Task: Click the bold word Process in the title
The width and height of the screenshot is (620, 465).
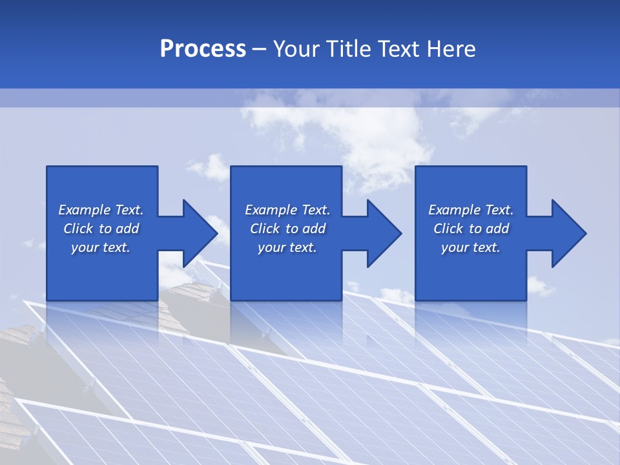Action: tap(203, 49)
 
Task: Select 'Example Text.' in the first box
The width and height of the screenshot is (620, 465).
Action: tap(101, 210)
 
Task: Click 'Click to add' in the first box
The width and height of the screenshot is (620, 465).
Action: tap(101, 229)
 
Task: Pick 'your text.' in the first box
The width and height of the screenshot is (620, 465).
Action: tap(101, 247)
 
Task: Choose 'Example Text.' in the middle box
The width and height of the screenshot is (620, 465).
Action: tap(287, 210)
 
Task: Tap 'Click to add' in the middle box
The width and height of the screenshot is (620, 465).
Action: tap(287, 229)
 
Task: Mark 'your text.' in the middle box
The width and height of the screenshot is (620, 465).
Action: tap(287, 247)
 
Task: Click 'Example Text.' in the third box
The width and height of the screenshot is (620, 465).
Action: tap(471, 210)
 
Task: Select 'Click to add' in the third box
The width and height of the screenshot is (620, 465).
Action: tap(471, 229)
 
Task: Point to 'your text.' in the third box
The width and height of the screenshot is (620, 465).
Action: tap(471, 247)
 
